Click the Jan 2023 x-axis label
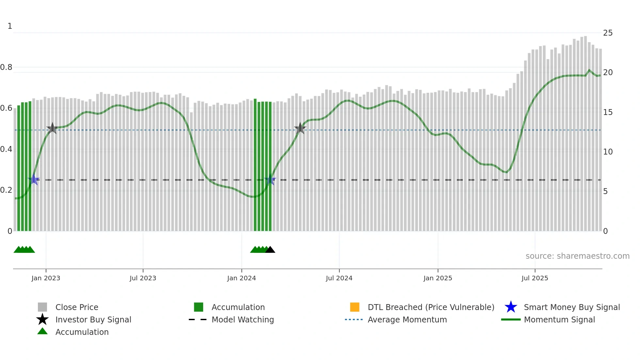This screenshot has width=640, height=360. coord(46,278)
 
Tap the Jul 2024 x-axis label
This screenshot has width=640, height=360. coord(339,278)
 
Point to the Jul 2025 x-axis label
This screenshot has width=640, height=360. coord(535,278)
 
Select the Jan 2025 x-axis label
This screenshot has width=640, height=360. coord(438,278)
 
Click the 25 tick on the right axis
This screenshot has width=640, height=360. coord(608,33)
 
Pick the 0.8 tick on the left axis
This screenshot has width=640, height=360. coord(6,67)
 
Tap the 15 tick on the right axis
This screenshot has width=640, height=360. coord(608,112)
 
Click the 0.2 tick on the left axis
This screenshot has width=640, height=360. coord(6,190)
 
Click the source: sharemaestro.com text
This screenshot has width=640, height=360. coord(577,256)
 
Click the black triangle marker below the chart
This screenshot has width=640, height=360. coord(270,250)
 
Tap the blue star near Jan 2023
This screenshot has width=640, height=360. coord(34,179)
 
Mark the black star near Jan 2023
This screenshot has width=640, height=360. coord(52,128)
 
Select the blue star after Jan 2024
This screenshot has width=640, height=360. coord(270,179)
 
